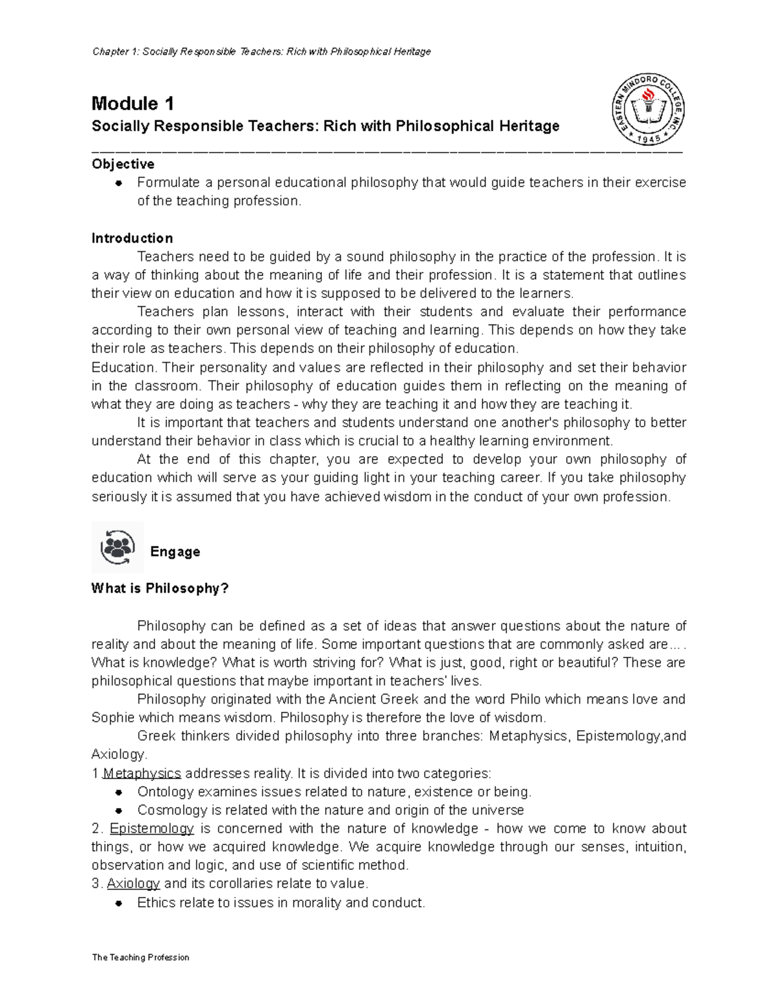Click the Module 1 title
pos(132,104)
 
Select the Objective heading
pos(123,164)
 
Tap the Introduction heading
pos(132,238)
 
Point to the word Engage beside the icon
pos(175,552)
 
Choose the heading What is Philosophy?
pos(160,589)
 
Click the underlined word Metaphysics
pos(142,774)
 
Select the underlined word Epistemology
pos(152,829)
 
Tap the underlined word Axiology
pos(133,884)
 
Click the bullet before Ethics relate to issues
pos(119,903)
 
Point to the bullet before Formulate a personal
pos(119,183)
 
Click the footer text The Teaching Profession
pos(140,957)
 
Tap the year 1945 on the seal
pos(649,139)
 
